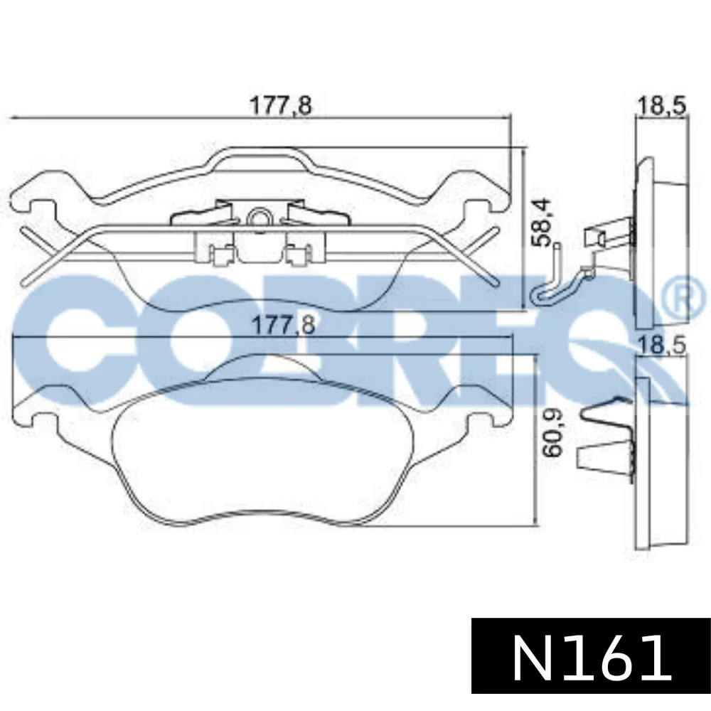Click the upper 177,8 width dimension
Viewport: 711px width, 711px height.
281,105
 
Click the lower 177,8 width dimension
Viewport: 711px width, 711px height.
283,325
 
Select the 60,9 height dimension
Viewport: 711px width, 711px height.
552,432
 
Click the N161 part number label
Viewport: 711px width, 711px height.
592,656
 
